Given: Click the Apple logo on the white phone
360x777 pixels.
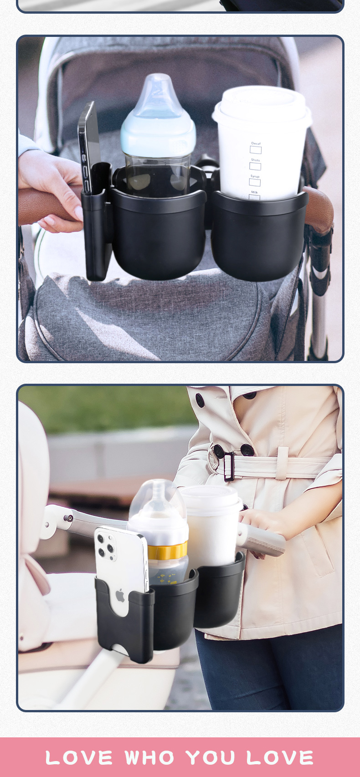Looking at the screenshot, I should (120, 595).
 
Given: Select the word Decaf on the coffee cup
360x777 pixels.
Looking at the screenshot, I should (256, 144).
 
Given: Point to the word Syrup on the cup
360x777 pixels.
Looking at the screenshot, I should (255, 176).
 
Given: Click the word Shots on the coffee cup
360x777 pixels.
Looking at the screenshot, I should (255, 160).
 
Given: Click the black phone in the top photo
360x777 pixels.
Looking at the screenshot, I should (89, 146).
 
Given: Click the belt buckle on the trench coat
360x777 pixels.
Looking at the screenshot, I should (229, 466).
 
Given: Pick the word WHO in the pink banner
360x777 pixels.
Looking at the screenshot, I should (150, 758).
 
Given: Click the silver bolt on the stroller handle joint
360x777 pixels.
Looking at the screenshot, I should (68, 518).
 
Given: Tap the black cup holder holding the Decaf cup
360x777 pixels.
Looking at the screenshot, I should (258, 237).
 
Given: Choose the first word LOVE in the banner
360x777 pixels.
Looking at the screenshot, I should (79, 758).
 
